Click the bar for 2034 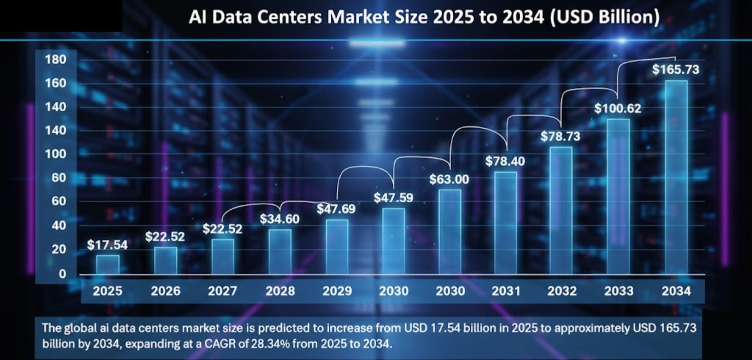tap(676, 177)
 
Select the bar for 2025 tap(107, 264)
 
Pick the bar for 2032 tap(561, 210)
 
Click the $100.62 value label tap(618, 108)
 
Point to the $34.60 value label tap(280, 218)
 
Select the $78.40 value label tap(505, 161)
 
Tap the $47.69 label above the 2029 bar tap(336, 208)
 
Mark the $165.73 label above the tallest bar tap(676, 69)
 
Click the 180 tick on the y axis tap(55, 60)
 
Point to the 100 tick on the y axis tap(55, 154)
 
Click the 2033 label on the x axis tap(619, 291)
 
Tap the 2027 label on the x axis tap(223, 291)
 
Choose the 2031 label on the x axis tap(506, 291)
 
